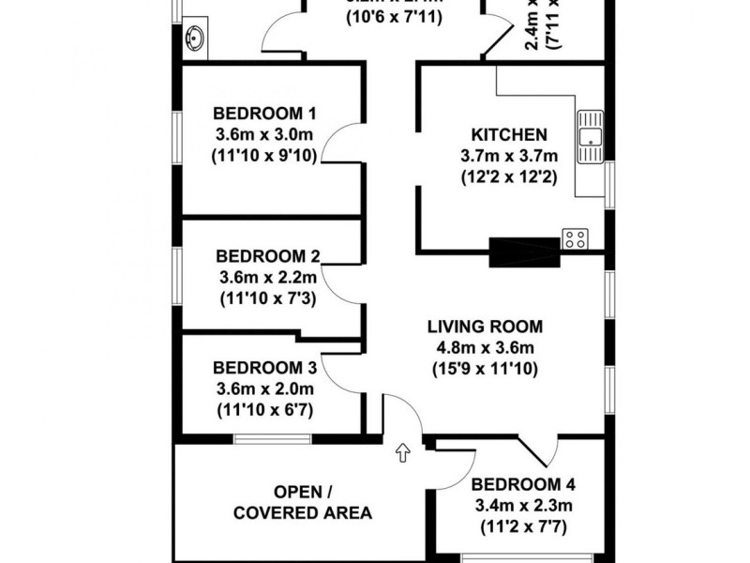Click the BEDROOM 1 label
tap(251, 116)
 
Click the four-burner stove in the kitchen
tap(575, 239)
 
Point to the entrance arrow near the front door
tap(404, 452)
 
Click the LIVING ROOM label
tap(484, 327)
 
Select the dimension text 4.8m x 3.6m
tap(484, 348)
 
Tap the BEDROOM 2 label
tap(268, 256)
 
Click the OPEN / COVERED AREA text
tap(302, 503)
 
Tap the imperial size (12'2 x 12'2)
tap(509, 176)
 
